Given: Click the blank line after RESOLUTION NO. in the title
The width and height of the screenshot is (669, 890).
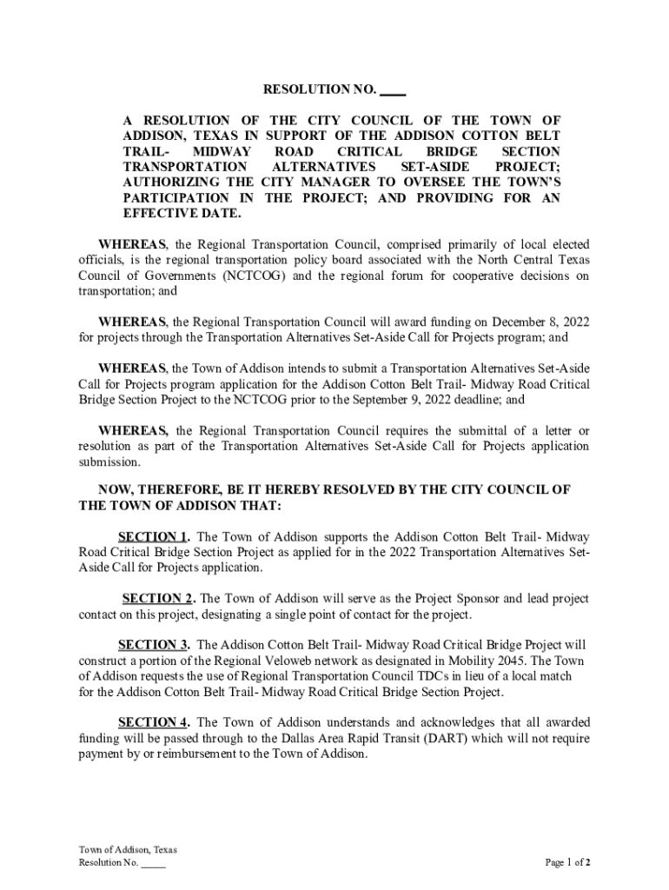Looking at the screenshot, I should point(393,90).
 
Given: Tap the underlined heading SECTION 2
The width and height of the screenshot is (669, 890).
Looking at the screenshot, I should point(158,599).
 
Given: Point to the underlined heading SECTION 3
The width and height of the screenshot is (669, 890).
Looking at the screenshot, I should point(153,645).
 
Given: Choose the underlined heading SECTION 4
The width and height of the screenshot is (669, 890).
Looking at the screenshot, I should point(153,722).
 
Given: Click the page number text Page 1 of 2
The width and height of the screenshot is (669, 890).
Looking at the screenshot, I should point(568,863).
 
